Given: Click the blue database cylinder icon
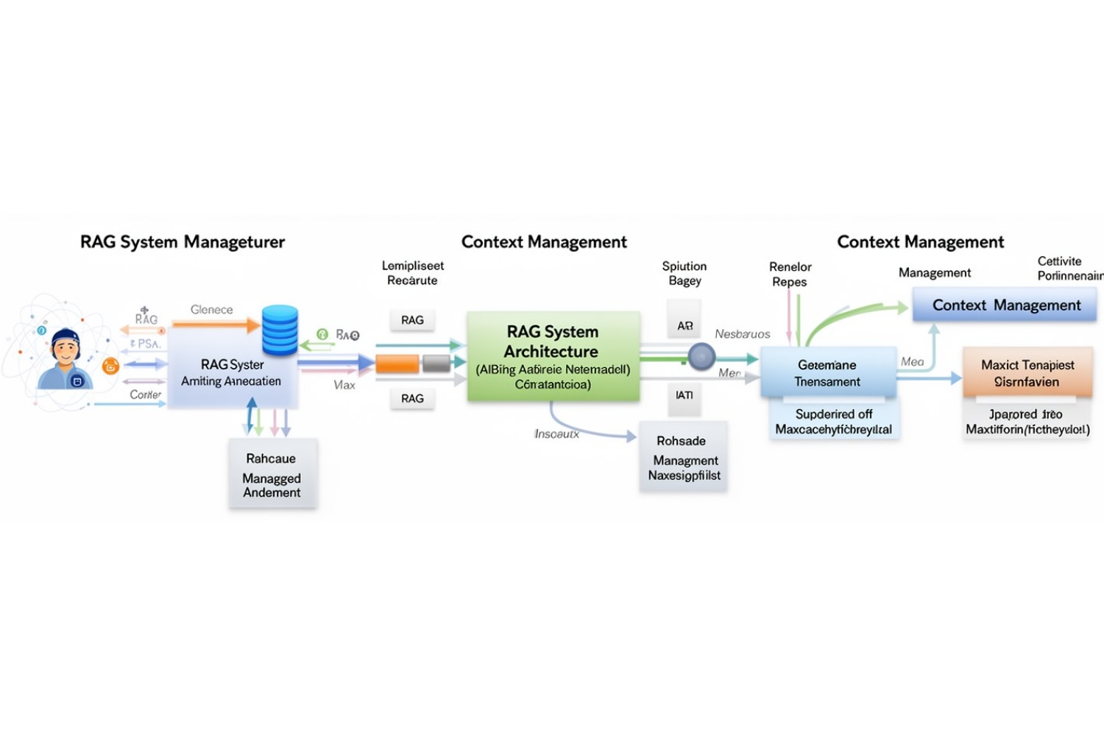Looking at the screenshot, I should coord(280,330).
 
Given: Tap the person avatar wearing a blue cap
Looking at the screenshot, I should coord(66,358).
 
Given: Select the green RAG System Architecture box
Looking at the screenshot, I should coord(553,357).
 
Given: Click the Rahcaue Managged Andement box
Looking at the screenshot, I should coord(272,475).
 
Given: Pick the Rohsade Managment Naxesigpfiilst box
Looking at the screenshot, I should coord(683,457).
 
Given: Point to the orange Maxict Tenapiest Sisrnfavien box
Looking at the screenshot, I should coord(1027,373).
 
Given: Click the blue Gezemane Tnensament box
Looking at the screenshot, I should coord(827,373).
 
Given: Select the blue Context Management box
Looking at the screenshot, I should coord(1005,305).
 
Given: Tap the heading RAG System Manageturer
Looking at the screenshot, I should coord(182,242).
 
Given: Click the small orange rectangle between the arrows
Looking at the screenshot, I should coord(397,364).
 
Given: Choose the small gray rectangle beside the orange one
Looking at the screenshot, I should coord(436,363).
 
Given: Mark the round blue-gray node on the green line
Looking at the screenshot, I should coord(701,357).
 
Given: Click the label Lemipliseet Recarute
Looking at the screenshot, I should coord(412,273).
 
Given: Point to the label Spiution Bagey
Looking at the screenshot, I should coord(684,273).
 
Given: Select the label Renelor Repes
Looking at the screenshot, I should coord(790,274).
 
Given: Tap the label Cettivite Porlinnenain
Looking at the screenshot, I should coord(1067,269).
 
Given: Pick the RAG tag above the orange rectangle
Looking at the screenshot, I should coord(412,320).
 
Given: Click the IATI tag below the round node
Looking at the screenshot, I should coord(684,395).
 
